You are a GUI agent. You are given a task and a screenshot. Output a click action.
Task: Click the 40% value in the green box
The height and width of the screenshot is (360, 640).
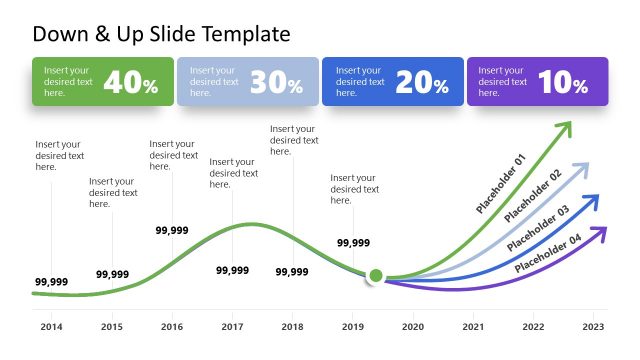130,83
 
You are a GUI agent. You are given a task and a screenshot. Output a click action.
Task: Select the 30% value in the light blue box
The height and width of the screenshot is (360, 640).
276,83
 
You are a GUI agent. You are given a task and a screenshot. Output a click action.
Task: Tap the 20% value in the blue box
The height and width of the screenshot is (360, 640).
421,83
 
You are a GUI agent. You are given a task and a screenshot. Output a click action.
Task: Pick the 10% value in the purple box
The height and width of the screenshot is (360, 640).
562,83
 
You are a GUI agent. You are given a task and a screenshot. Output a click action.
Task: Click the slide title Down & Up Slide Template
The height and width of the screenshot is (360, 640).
161,34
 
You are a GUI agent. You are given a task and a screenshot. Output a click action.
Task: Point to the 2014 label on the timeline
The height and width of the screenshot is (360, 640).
51,327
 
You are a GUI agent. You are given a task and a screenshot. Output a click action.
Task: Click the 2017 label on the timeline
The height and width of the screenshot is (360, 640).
232,327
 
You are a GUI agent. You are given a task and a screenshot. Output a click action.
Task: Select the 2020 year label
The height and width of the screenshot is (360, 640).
412,327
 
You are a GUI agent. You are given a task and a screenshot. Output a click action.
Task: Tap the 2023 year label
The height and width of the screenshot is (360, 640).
593,327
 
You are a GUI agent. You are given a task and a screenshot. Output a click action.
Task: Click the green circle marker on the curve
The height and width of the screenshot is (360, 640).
376,275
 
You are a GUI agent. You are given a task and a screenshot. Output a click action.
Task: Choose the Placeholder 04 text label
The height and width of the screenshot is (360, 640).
548,254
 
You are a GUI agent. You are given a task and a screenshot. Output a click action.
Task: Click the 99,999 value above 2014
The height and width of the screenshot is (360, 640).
51,282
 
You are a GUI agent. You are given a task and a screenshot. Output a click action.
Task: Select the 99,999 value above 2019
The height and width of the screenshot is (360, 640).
353,243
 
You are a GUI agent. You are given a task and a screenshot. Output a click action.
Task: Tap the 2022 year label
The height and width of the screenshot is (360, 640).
533,327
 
